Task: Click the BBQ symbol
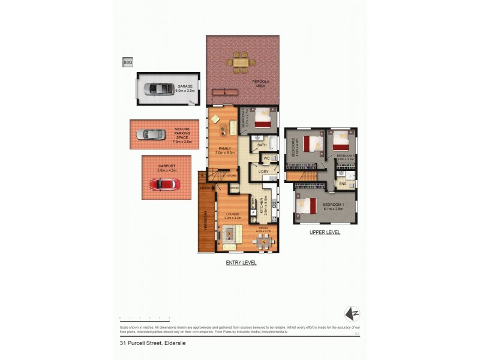pos(127,62)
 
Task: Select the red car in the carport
pos(160,184)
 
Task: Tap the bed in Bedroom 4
pos(263,121)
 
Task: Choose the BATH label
pos(262,145)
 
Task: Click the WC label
pos(266,158)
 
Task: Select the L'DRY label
pos(263,172)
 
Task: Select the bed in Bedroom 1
pos(307,206)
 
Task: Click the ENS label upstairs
pos(342,184)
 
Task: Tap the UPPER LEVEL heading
pos(325,232)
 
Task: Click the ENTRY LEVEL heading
pos(241,263)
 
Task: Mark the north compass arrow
pos(352,313)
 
